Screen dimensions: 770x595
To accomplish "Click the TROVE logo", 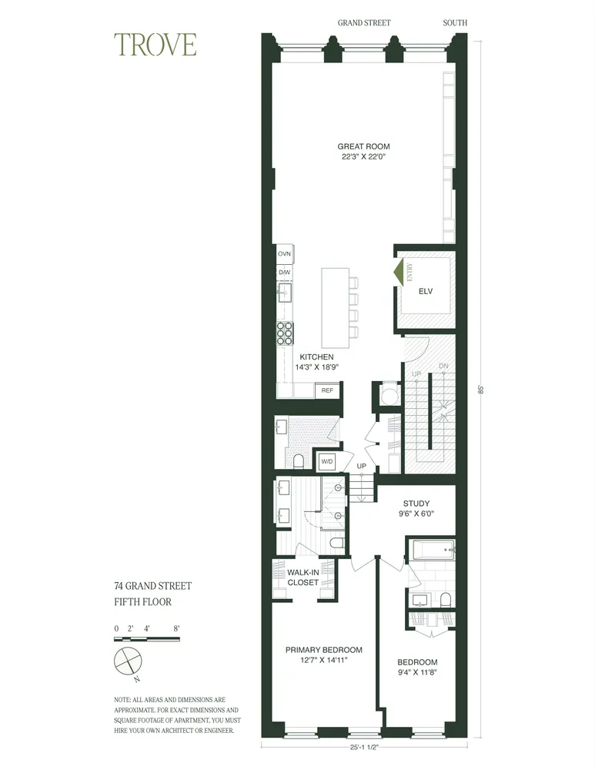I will (x=155, y=45).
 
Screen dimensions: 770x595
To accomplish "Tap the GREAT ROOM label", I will (x=363, y=146).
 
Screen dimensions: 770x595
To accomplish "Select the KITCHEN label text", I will (x=316, y=357).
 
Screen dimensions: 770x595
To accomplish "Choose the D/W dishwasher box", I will (x=283, y=272).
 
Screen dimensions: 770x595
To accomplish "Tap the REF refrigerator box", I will (x=327, y=391).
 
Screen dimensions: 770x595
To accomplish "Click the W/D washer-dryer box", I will (x=327, y=461).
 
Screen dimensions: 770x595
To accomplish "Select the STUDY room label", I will (x=416, y=504).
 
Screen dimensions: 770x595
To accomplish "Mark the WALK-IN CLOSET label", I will (x=303, y=577).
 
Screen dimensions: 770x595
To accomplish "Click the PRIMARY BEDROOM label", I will (x=323, y=650).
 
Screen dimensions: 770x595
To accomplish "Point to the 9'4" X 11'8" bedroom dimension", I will (x=418, y=672).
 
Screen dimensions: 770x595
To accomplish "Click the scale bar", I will (x=147, y=638).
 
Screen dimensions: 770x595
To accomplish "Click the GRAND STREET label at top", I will (x=364, y=23).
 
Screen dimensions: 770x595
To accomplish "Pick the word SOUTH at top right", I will (x=455, y=23).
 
